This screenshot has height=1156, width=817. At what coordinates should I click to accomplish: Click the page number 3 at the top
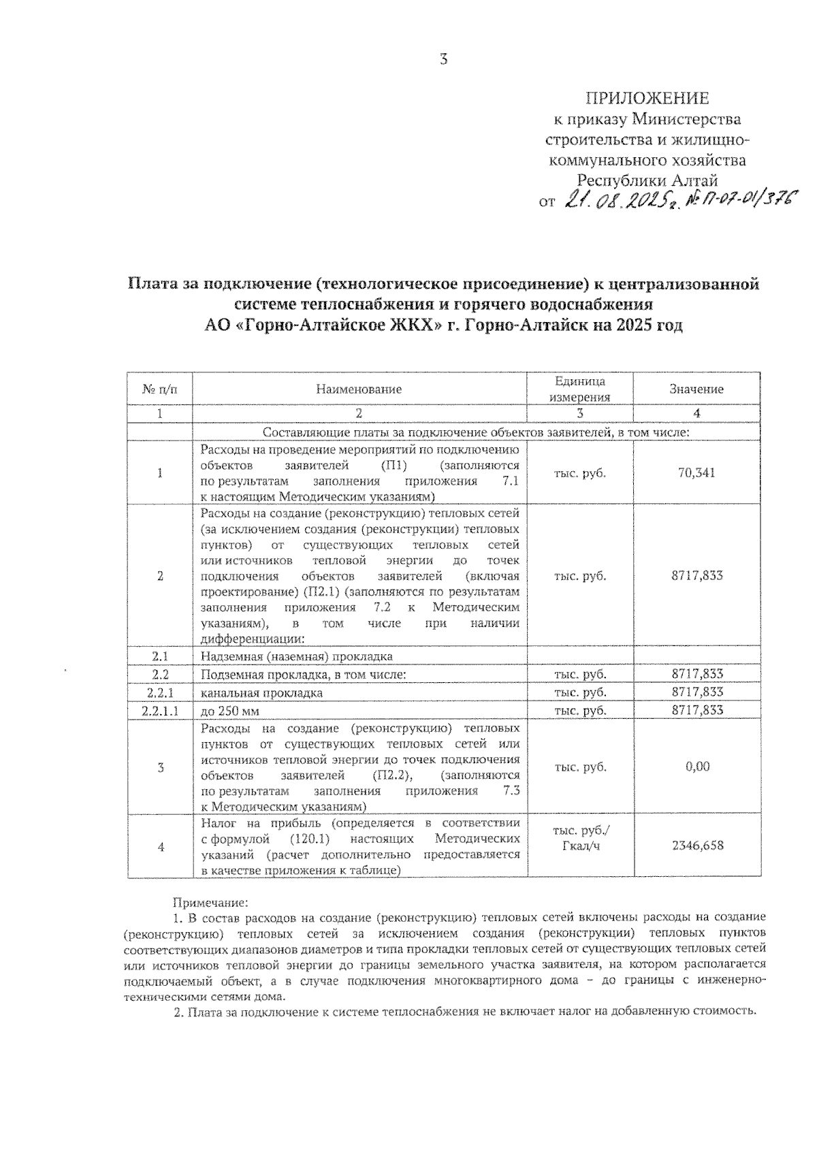point(444,60)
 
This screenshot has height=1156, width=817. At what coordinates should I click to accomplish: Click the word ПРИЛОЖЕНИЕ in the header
point(647,99)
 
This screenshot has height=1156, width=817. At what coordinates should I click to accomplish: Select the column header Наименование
point(359,389)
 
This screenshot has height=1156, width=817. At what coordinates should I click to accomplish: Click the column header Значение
point(696,389)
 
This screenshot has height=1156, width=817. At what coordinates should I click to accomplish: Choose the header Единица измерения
point(579,389)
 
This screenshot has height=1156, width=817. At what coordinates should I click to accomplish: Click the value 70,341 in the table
point(696,473)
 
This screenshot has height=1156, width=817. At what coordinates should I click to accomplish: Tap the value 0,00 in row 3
point(697,767)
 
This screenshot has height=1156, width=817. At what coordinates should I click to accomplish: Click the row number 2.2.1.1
point(160,710)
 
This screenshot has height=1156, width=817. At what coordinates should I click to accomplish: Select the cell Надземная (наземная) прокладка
point(296,656)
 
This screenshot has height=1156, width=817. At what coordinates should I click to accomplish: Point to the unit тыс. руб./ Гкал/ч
point(580,839)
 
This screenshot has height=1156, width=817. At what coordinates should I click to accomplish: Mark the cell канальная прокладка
point(261,692)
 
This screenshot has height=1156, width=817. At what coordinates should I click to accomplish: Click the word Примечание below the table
point(210,903)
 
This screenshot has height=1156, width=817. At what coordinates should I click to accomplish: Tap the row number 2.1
point(160,656)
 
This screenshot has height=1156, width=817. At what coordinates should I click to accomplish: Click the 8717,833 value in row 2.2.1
point(696,692)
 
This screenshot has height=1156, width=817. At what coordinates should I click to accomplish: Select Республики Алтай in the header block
point(647,180)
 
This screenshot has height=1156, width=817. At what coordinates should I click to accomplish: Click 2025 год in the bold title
point(650,325)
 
